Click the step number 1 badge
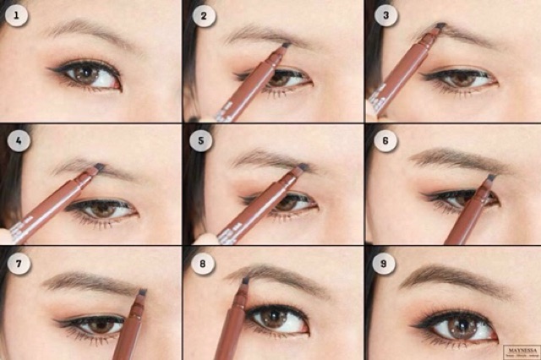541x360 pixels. (x=16, y=14)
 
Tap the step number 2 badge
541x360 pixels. (x=203, y=14)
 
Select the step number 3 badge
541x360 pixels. (x=386, y=14)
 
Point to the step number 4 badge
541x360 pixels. (x=16, y=139)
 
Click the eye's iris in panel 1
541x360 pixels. (x=85, y=74)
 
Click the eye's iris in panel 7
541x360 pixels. (x=101, y=325)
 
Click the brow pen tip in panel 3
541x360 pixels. (x=440, y=27)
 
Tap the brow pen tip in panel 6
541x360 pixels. (x=490, y=178)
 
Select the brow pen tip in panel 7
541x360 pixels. (x=142, y=292)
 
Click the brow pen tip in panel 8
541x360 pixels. (x=245, y=280)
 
